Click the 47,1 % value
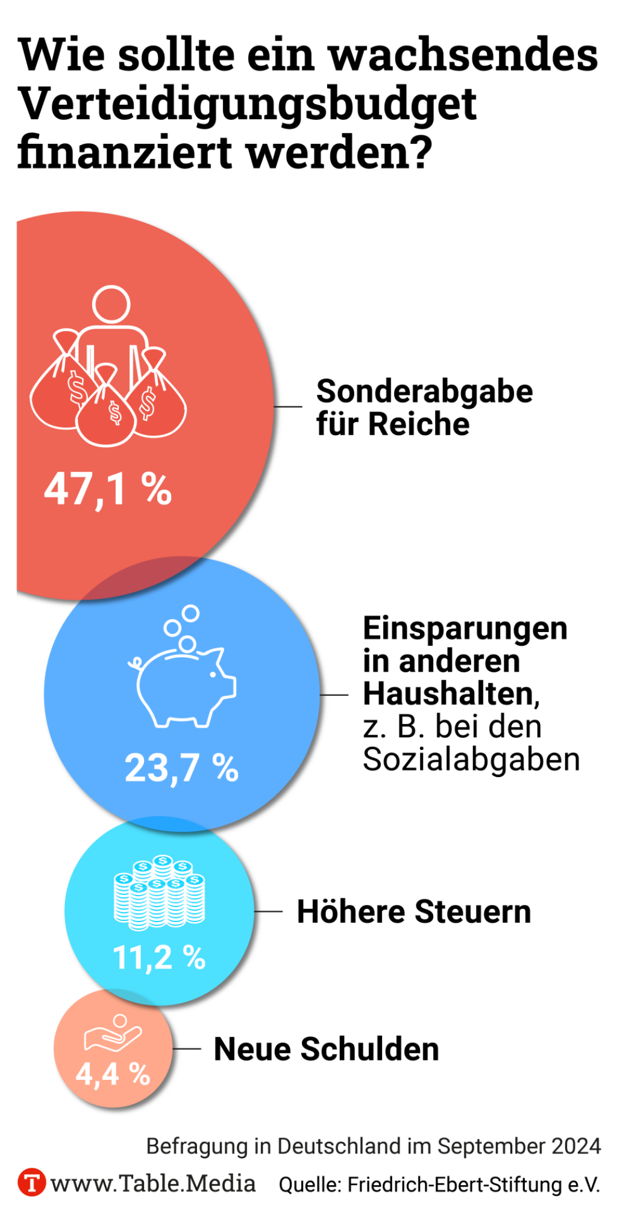coord(108,489)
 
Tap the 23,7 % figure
coord(181,769)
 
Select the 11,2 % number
coord(159,957)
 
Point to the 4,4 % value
coord(113,1074)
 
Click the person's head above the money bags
coord(111,305)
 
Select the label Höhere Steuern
coord(414,911)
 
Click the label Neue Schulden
coord(326,1049)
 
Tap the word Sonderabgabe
coord(425,392)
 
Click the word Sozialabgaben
coord(471,760)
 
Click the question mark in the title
coord(419,152)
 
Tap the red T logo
coord(31,1183)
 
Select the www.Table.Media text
coord(153,1183)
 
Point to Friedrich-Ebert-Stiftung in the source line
coord(456,1185)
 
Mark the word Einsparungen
coord(465,628)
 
